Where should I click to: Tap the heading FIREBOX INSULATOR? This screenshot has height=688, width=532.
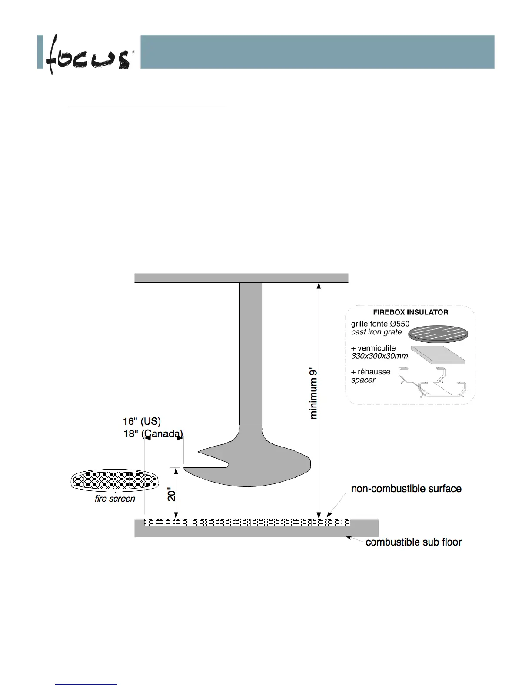tap(410, 312)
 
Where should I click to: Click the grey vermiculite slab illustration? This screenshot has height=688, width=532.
tap(438, 355)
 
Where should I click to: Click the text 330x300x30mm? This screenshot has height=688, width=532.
tap(379, 356)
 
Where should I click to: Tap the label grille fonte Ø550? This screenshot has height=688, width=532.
tap(380, 324)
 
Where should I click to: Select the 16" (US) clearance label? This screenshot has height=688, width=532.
tap(142, 421)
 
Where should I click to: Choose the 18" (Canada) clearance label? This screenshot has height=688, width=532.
tap(153, 433)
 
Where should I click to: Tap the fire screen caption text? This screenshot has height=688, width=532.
tap(115, 499)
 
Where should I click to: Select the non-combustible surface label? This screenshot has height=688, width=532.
tap(406, 489)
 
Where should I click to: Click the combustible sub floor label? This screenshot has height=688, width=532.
tap(413, 542)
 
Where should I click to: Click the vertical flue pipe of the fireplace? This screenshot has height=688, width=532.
tap(251, 352)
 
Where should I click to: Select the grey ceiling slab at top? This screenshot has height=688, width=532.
tap(241, 278)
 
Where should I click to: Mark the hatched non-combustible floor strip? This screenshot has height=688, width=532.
tap(248, 523)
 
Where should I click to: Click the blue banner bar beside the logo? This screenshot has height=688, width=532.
tap(317, 52)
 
